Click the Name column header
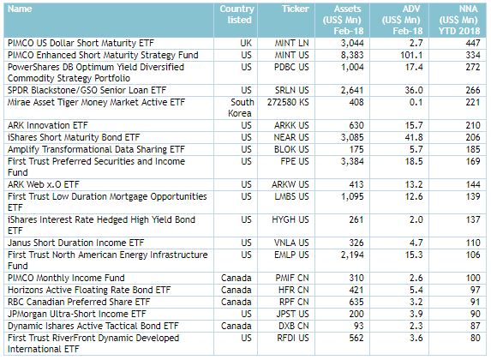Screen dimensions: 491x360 (20, 9)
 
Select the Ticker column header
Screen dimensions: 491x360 (296, 9)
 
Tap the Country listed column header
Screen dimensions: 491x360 (237, 14)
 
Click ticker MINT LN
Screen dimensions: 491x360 (291, 43)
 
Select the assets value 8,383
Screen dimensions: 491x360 (352, 55)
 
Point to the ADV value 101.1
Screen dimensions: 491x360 (411, 55)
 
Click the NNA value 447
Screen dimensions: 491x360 (473, 43)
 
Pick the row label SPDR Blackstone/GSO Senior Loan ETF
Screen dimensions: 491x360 (87, 90)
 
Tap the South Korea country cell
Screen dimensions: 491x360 (241, 108)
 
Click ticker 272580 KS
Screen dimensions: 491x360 (288, 102)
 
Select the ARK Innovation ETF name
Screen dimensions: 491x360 (48, 125)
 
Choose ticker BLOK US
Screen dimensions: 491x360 (291, 149)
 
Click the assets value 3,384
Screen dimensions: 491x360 (352, 161)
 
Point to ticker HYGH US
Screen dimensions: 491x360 (290, 219)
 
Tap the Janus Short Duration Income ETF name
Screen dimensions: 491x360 (75, 243)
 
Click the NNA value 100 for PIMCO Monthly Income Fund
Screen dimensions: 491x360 (473, 278)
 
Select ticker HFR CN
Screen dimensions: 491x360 (293, 290)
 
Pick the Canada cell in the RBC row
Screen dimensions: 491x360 (237, 302)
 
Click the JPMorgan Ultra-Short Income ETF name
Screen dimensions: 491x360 (77, 314)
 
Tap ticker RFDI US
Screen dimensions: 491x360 (293, 338)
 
